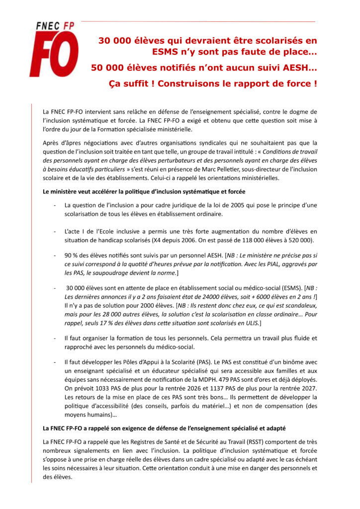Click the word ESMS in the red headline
pyautogui.click(x=169, y=51)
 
